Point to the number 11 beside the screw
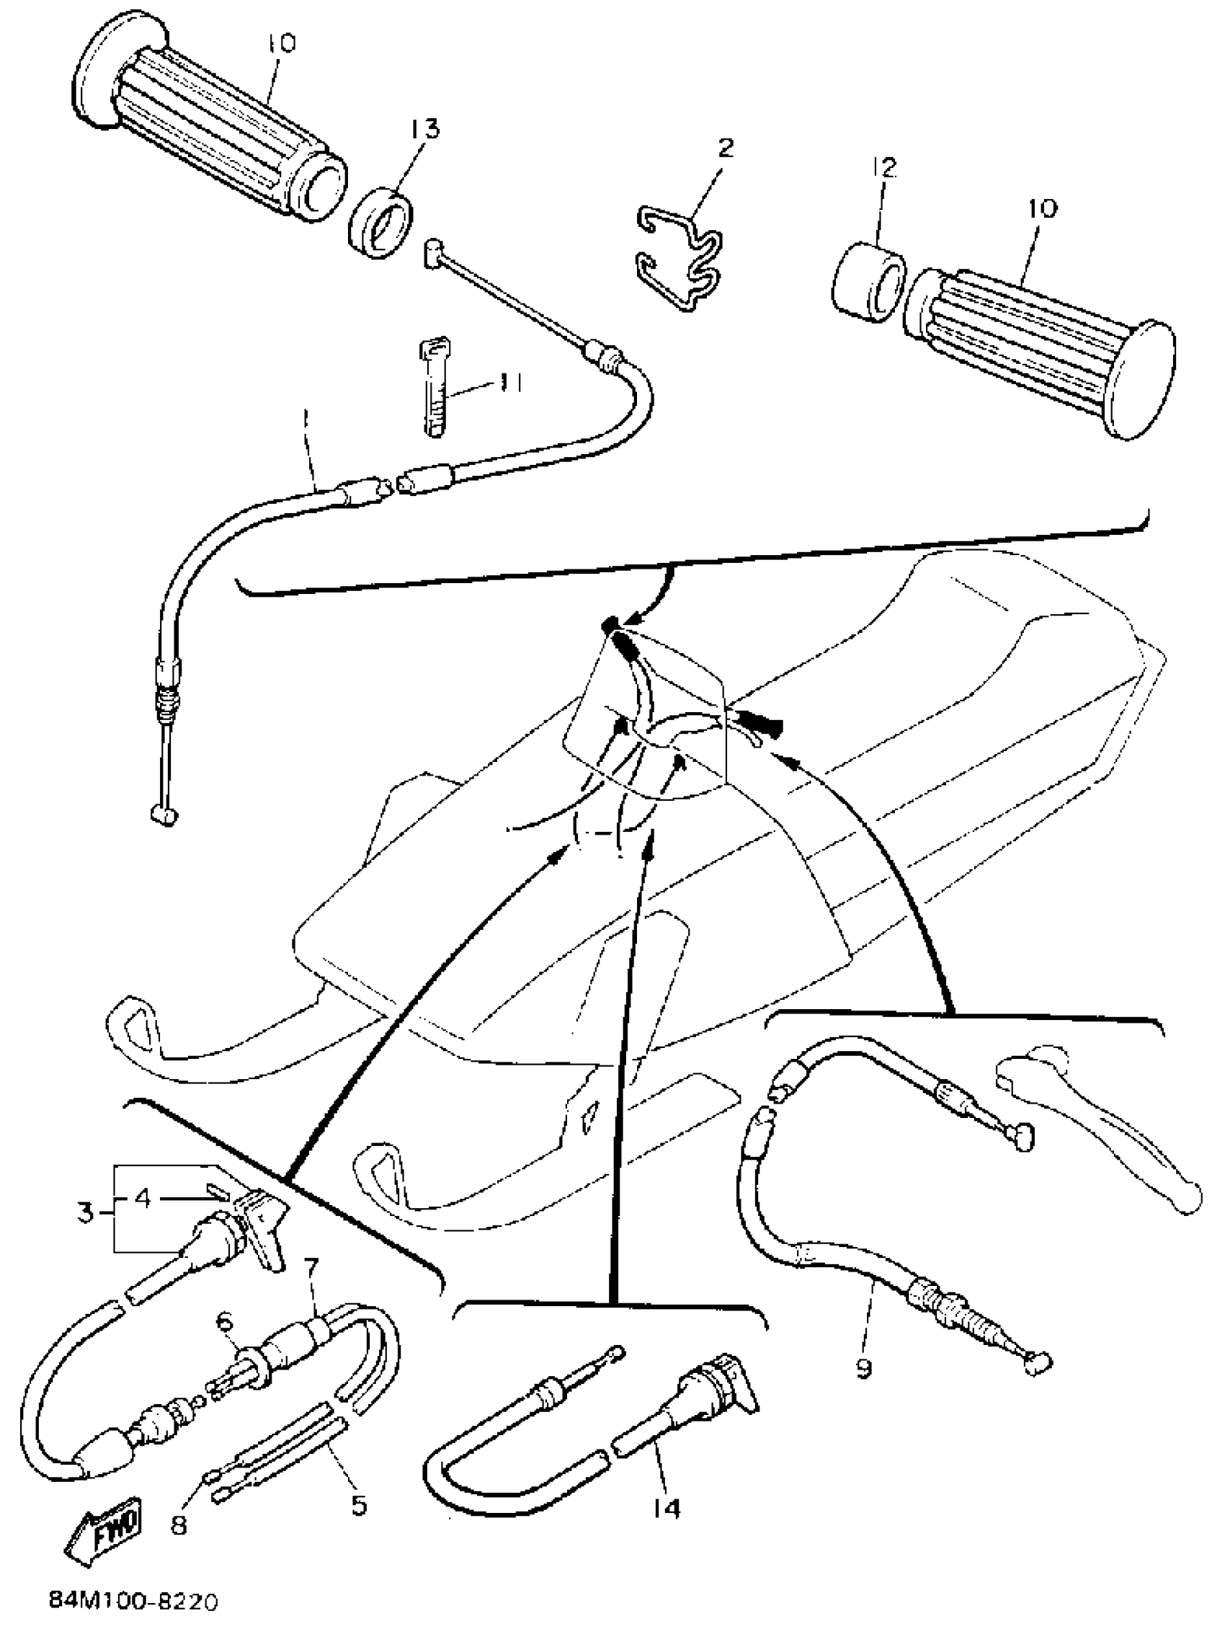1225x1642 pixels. pos(510,383)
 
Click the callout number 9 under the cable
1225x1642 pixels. pos(865,1367)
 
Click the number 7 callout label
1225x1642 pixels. pos(311,1266)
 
